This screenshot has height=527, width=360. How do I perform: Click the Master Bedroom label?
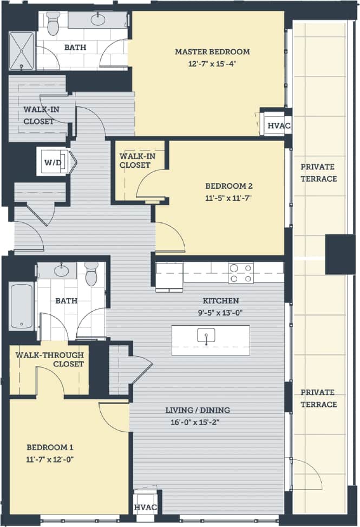pos(212,52)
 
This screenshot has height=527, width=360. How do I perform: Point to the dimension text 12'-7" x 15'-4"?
pos(212,62)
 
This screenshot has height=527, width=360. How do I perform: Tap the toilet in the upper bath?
pos(53,24)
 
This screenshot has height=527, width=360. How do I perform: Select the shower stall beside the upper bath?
pos(22,51)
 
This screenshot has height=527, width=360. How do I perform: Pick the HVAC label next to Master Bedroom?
pos(279,126)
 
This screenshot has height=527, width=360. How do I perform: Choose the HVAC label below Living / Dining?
pos(146,508)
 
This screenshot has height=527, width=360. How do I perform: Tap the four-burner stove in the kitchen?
pos(241,273)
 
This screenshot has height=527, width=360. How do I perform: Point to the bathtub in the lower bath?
pos(22,306)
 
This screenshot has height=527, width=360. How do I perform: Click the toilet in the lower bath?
pos(91,274)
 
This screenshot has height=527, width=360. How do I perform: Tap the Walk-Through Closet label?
pos(49,359)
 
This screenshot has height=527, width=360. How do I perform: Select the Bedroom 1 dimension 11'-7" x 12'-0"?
pos(50,459)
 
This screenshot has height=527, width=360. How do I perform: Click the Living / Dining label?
pos(203,410)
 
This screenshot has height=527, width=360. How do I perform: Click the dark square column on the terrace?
pos(340,254)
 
